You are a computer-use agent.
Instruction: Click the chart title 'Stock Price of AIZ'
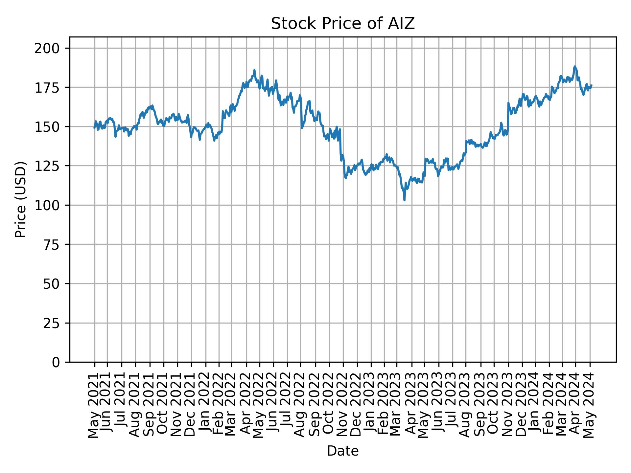click(x=343, y=24)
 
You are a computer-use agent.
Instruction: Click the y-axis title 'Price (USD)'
click(x=20, y=199)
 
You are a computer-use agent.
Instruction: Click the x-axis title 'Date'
click(x=343, y=451)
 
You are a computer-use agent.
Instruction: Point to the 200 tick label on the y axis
click(x=52, y=48)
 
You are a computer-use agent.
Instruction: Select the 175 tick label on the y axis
click(x=52, y=87)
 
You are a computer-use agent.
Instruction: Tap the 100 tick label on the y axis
click(x=52, y=205)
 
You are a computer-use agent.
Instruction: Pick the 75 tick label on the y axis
click(x=56, y=244)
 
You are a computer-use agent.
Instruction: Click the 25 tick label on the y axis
click(x=56, y=323)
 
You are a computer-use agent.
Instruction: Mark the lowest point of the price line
click(x=404, y=200)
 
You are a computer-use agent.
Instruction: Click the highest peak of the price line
click(x=574, y=66)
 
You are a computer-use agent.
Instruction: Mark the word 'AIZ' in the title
click(x=403, y=24)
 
